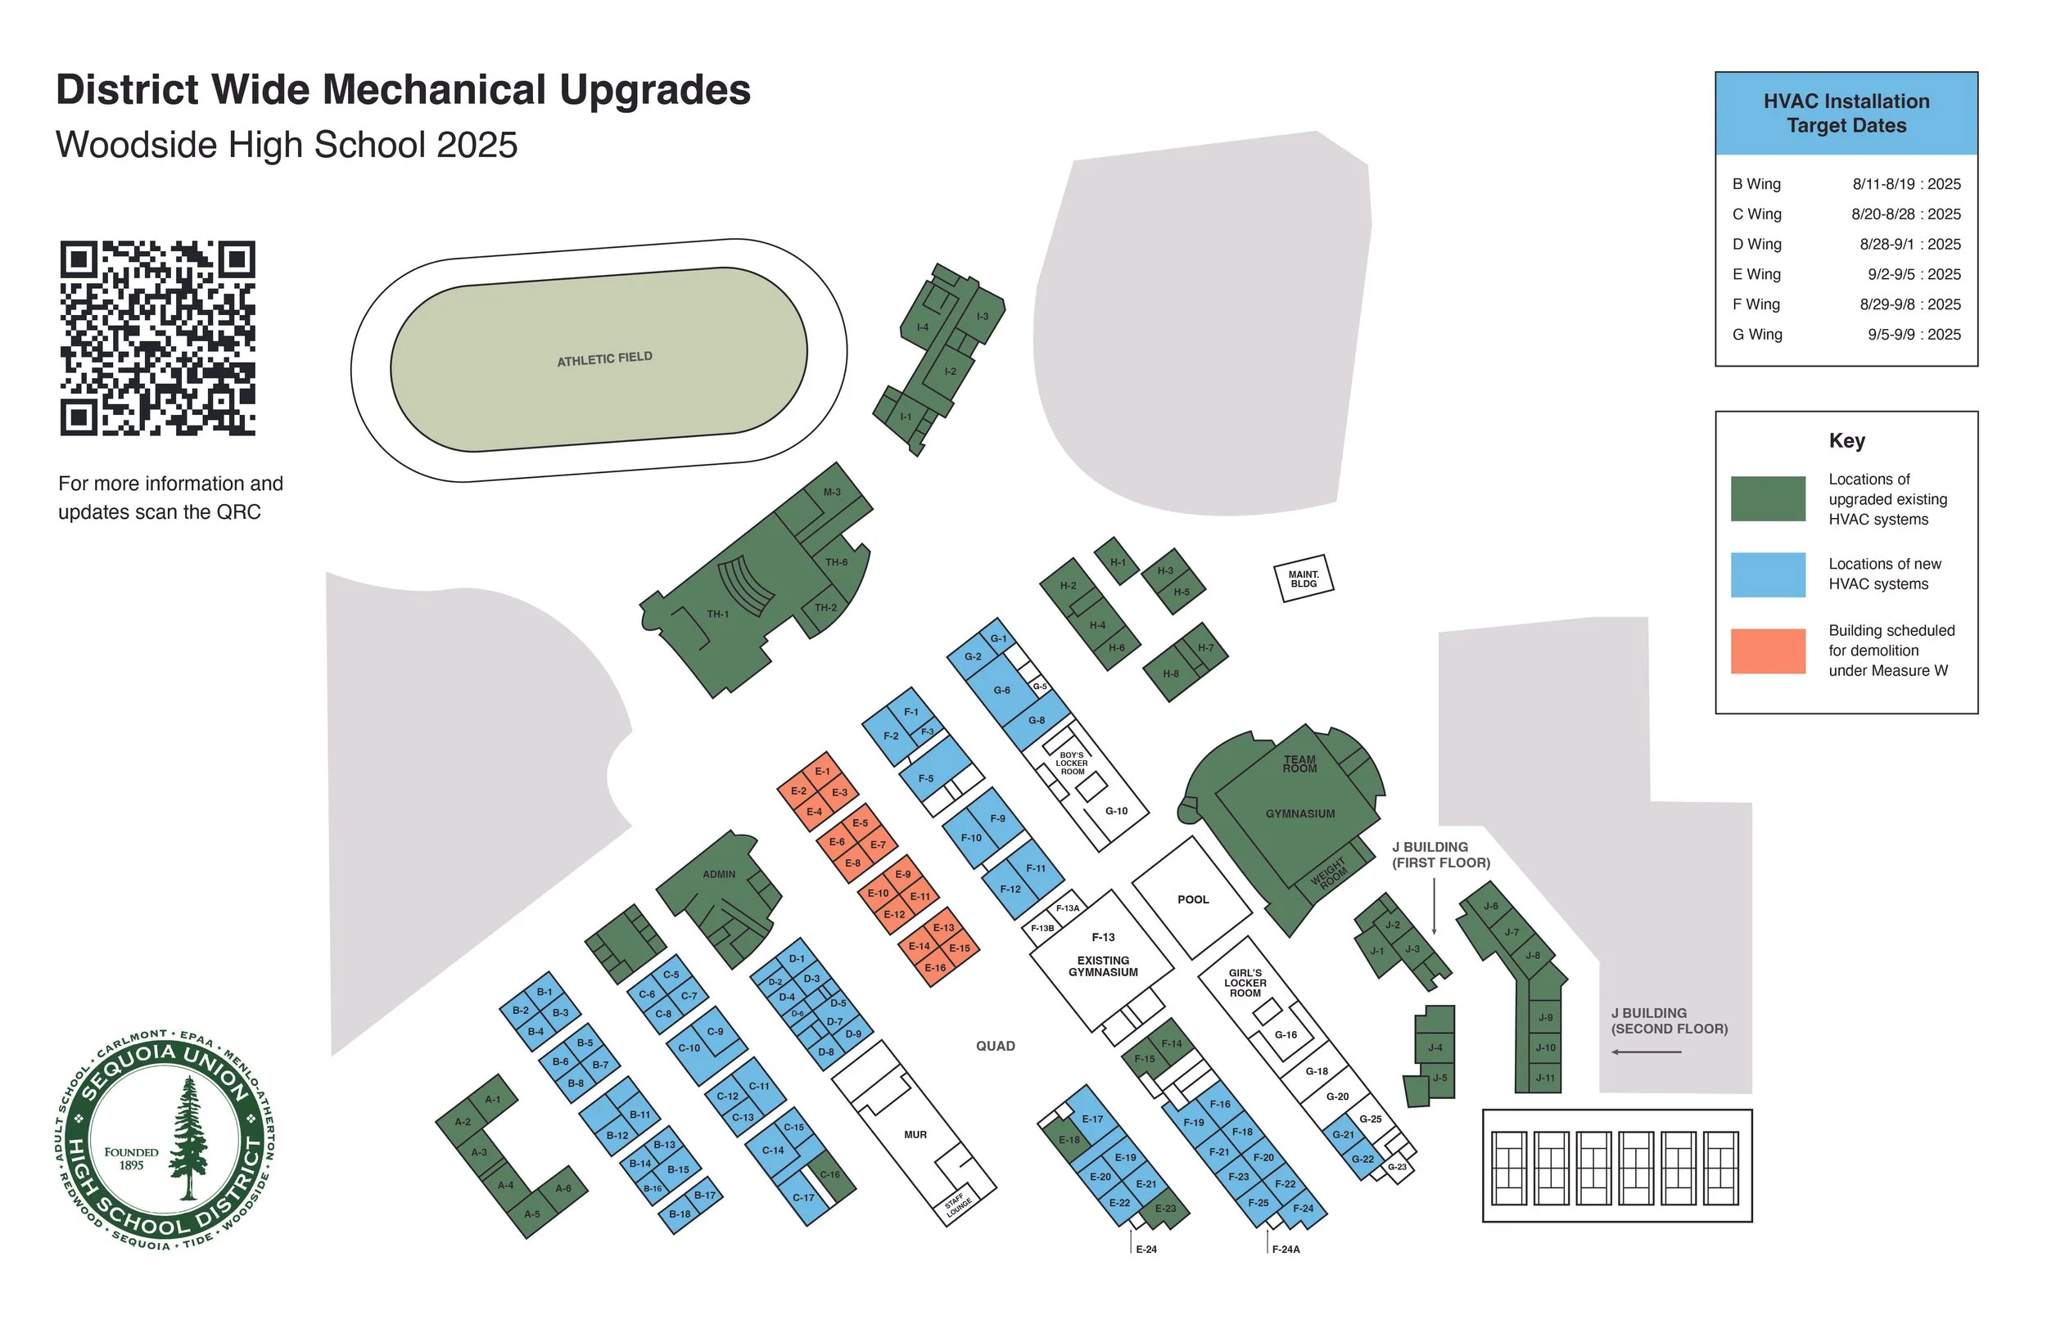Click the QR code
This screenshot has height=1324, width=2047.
[x=157, y=338]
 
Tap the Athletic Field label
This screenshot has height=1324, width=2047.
[x=603, y=358]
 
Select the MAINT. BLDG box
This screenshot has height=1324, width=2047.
[x=1303, y=579]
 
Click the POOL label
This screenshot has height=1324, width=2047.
[x=1192, y=899]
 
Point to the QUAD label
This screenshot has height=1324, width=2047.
[x=995, y=1047]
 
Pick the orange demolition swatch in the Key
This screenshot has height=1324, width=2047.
[x=1768, y=651]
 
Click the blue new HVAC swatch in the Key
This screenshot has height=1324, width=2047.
[x=1768, y=574]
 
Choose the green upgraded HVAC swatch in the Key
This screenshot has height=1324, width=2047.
[x=1768, y=498]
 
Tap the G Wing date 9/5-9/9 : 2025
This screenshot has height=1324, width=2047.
[x=1914, y=335]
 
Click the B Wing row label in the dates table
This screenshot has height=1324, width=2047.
[x=1756, y=184]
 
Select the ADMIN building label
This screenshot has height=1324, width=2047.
[x=719, y=875]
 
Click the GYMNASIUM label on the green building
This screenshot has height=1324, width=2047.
[x=1299, y=813]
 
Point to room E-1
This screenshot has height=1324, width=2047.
[x=822, y=771]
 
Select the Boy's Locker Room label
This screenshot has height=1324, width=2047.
[x=1072, y=763]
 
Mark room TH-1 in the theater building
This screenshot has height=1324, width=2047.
[x=717, y=614]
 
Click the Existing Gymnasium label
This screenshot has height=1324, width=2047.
[x=1103, y=966]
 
